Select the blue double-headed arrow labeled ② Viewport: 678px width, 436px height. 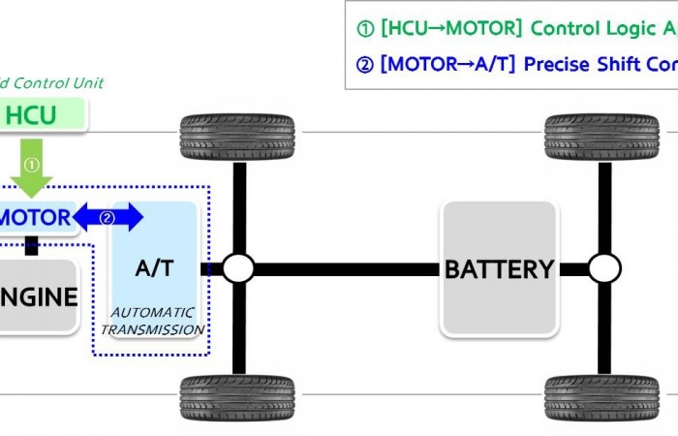coord(108,218)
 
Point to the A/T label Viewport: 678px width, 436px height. coord(154,268)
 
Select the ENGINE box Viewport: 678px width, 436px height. coord(38,296)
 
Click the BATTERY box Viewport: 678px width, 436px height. coord(499,269)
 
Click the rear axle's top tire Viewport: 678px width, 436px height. coord(602,138)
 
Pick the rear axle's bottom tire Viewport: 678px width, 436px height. coord(602,398)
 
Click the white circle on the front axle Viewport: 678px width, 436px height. coord(238,268)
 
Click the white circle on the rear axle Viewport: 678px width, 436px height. coord(603,268)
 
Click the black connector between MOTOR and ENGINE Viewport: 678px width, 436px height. coord(32,245)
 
